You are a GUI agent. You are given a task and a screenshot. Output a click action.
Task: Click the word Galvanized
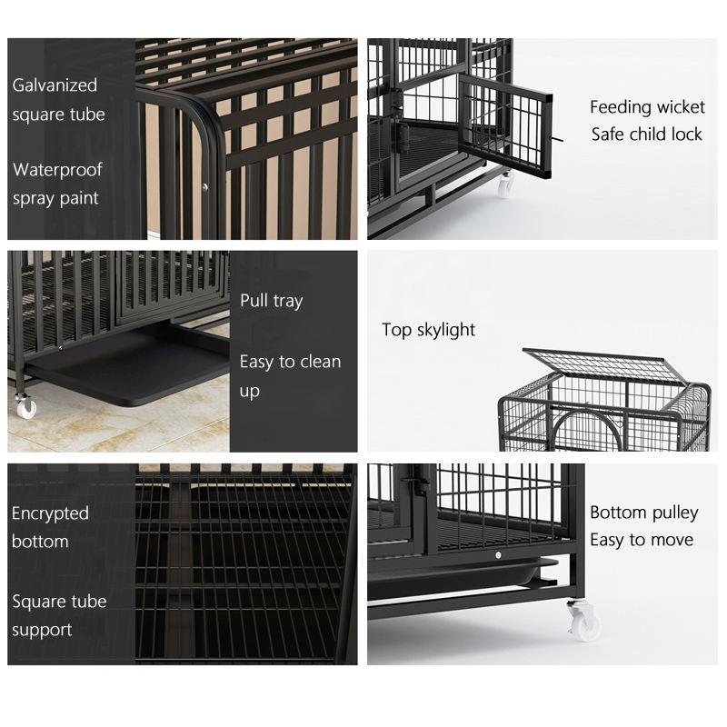(55, 85)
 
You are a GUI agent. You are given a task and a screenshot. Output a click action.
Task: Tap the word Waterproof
(57, 170)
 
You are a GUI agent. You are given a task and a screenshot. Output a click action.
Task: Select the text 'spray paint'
(55, 198)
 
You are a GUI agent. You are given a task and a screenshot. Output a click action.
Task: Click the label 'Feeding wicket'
(647, 107)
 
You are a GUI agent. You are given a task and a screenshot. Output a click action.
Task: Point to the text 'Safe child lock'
(647, 134)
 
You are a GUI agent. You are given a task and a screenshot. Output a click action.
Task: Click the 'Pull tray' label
(271, 301)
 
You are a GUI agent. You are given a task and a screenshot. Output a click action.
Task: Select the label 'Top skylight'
(428, 330)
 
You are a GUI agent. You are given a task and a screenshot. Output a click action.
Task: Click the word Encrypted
(50, 513)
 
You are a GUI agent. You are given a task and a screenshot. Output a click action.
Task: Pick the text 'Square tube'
(59, 602)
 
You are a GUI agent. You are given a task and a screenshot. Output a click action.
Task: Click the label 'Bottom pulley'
(644, 513)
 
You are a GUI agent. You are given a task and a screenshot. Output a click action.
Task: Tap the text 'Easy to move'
(642, 540)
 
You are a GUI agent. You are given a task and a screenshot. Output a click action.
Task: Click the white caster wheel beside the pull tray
(25, 407)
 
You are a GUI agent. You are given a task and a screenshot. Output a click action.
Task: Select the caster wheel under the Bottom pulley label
(584, 621)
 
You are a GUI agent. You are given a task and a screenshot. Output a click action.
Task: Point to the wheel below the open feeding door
(505, 184)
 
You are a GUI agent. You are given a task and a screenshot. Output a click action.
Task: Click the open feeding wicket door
(505, 125)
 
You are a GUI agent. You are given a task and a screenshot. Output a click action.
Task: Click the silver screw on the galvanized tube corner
(205, 187)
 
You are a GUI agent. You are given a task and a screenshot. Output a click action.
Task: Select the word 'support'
(42, 631)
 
